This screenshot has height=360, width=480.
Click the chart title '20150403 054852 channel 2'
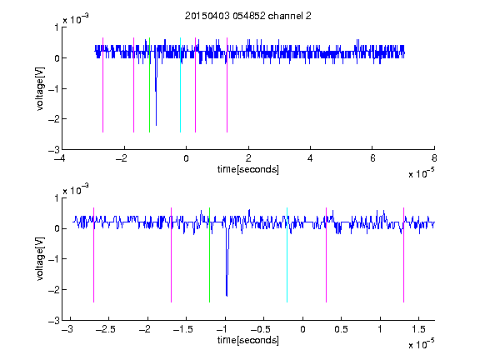click(x=248, y=16)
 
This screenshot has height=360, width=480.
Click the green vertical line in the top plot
click(x=149, y=85)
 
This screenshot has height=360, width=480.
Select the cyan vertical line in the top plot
click(x=180, y=85)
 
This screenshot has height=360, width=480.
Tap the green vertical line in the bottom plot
click(x=209, y=255)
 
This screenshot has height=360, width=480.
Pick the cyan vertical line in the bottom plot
click(x=287, y=255)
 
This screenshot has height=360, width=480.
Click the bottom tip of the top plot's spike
click(x=156, y=125)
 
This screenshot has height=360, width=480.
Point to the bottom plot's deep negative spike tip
click(x=227, y=296)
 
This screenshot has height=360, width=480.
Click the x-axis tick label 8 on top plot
click(x=434, y=158)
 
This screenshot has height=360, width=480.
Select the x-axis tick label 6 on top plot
click(x=372, y=158)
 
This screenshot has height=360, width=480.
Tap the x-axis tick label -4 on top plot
click(x=60, y=158)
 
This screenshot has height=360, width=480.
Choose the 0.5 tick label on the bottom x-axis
click(x=341, y=329)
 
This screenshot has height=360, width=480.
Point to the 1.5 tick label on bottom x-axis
click(x=418, y=329)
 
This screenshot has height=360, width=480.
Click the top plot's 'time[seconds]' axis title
click(x=248, y=169)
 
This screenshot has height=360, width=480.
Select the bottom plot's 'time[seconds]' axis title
click(x=248, y=340)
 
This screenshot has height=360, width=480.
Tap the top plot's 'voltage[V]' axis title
click(x=40, y=88)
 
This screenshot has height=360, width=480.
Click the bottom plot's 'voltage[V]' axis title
click(x=40, y=259)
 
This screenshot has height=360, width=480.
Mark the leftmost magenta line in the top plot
click(x=102, y=85)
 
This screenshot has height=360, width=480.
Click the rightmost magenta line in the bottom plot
click(x=403, y=255)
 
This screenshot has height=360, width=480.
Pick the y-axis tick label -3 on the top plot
click(x=54, y=150)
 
